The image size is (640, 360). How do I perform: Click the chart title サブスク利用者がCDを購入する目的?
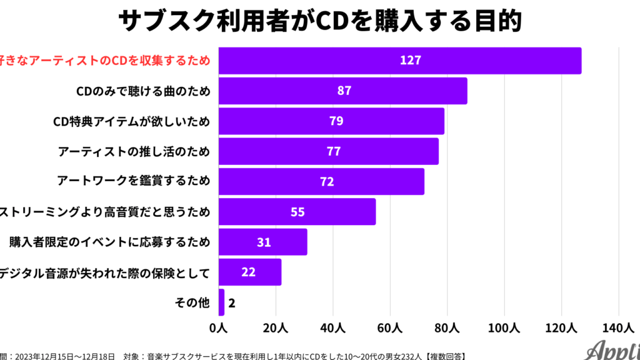319,21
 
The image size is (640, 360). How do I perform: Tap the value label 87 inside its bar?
344,91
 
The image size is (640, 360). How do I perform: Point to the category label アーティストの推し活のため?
134,151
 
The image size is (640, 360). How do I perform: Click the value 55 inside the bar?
297,212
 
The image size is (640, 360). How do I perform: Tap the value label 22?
249,272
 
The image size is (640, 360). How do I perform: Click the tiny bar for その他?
221,302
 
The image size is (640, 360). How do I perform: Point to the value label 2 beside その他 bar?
232,303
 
